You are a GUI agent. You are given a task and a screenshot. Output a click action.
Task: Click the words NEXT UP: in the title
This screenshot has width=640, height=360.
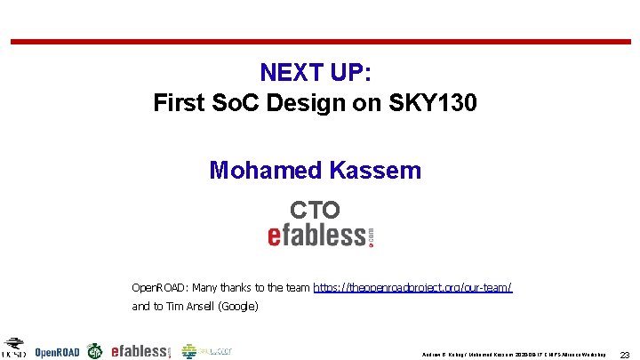pos(316,72)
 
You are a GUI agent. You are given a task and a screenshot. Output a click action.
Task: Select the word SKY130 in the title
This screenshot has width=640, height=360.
pos(434,103)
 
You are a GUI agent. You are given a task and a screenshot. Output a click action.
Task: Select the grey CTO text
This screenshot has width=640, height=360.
pos(315,210)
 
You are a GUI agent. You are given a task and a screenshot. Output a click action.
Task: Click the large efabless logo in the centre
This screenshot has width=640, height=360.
pos(321,235)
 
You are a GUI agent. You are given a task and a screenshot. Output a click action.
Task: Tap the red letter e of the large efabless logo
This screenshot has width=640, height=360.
pos(276,236)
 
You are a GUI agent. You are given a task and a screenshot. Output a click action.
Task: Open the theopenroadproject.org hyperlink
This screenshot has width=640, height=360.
pos(412,288)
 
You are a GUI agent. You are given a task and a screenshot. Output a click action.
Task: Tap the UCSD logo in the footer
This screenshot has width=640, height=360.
pos(14,348)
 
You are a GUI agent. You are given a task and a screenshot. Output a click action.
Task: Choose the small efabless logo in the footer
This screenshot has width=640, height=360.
pos(140,351)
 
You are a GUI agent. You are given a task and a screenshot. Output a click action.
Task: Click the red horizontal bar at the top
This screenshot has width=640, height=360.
pos(320,41)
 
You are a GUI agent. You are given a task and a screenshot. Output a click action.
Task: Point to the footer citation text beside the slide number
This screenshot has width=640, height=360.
pos(513,354)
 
